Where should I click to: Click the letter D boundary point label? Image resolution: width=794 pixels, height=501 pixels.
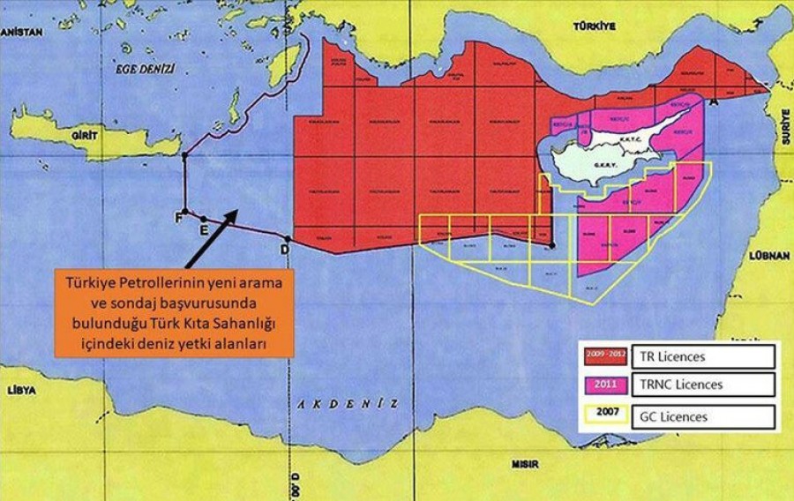coord(284,250)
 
